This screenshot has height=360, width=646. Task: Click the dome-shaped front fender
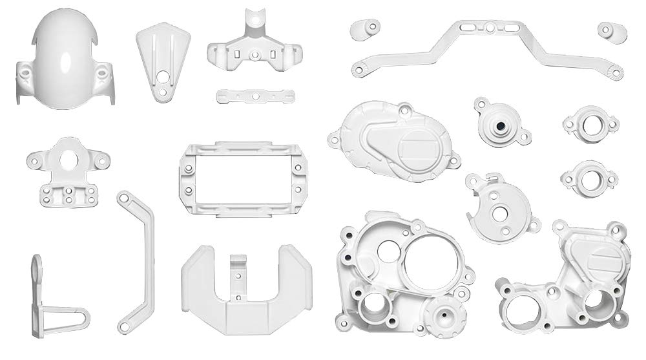click(x=65, y=58)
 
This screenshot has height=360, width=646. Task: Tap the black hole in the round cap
click(x=499, y=123)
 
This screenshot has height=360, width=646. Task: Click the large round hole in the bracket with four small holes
click(x=68, y=158)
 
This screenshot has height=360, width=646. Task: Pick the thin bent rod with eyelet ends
click(x=137, y=259)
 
